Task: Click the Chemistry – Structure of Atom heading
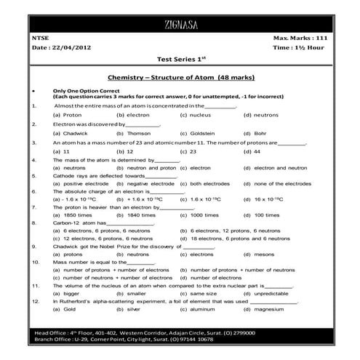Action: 180,76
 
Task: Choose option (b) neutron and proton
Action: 145,167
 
